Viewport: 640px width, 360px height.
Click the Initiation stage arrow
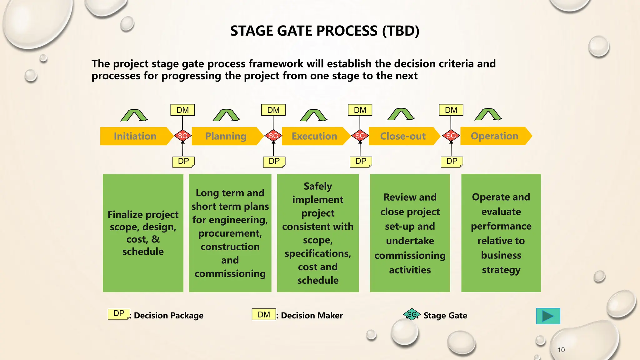click(135, 136)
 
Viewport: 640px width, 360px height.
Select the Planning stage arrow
click(226, 136)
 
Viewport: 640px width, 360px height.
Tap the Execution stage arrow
click(314, 136)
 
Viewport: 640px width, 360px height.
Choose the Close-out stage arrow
click(403, 136)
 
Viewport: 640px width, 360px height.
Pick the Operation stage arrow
click(494, 136)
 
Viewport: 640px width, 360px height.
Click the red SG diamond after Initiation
click(182, 136)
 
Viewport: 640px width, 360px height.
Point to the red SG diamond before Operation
click(451, 136)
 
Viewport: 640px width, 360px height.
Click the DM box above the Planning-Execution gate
click(273, 110)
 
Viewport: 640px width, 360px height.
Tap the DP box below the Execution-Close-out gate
click(361, 162)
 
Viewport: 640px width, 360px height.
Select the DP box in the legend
click(119, 314)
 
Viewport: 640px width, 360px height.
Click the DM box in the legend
click(264, 314)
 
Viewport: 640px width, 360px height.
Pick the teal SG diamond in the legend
click(412, 314)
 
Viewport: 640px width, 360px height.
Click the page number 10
click(561, 350)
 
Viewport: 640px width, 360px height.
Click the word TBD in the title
click(401, 31)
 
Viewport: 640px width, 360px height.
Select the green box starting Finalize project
click(143, 233)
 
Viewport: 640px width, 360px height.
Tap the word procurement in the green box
click(230, 233)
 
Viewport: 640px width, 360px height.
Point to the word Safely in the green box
click(318, 186)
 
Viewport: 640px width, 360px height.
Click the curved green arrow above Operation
click(488, 115)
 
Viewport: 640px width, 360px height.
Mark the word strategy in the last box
click(501, 270)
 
